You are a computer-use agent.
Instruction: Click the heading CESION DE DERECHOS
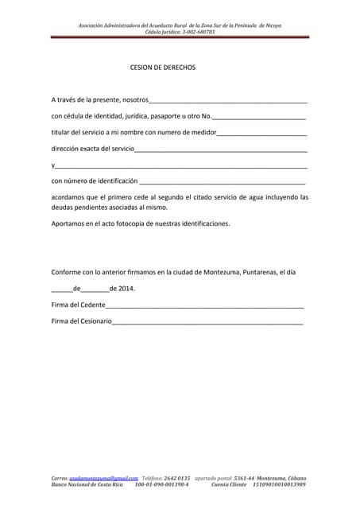coord(162,68)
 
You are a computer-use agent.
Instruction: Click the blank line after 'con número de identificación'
coord(222,182)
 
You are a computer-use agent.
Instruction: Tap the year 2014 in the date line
coord(126,289)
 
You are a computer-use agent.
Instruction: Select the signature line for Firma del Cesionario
coord(207,323)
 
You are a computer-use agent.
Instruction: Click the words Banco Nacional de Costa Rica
coord(87,484)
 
